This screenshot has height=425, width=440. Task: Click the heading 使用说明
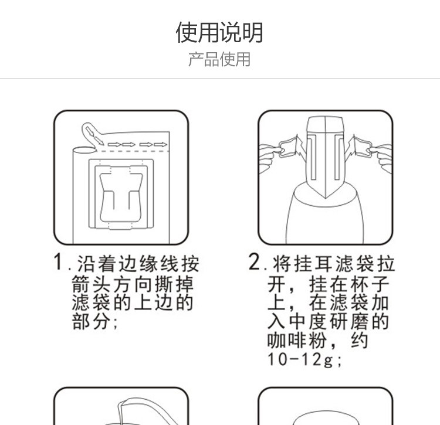[x=219, y=33]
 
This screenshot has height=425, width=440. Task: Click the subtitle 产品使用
[x=219, y=59]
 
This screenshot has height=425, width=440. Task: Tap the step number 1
[x=59, y=262]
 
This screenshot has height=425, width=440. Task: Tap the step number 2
[x=254, y=262]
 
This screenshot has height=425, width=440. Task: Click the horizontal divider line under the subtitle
[x=219, y=79]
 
